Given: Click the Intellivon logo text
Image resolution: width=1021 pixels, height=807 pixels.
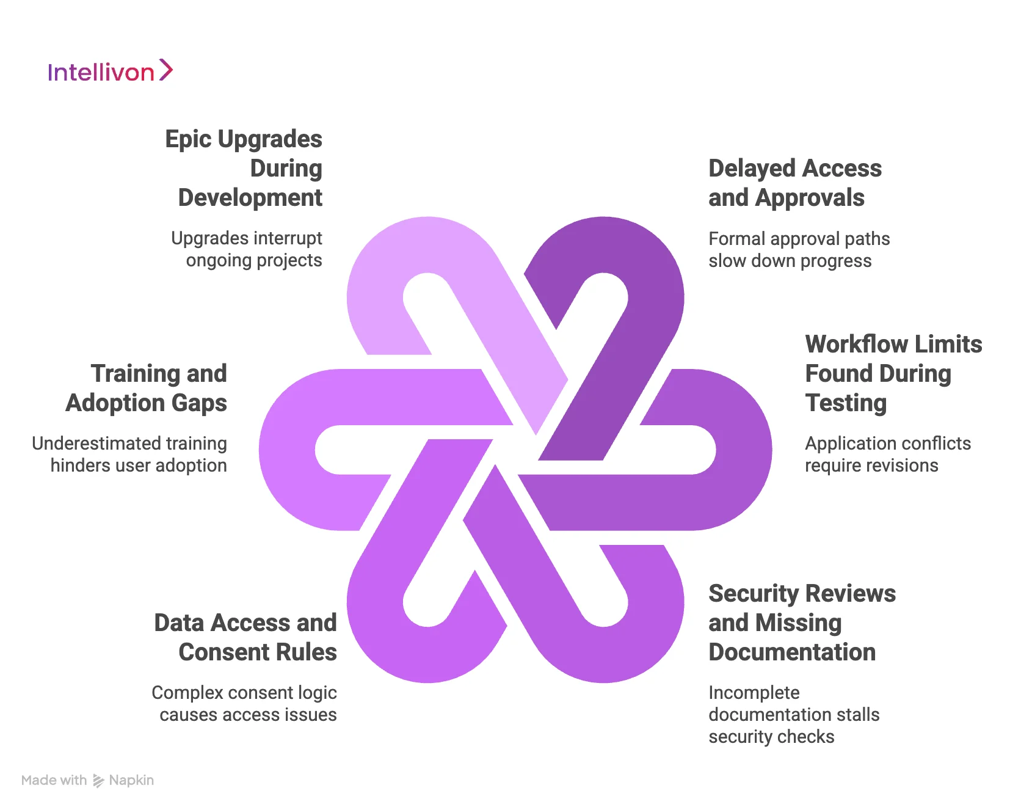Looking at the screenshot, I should click(x=101, y=73).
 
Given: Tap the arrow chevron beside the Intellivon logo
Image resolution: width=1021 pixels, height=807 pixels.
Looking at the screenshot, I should click(x=166, y=70).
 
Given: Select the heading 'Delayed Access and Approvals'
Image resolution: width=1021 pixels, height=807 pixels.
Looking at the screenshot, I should click(x=794, y=183).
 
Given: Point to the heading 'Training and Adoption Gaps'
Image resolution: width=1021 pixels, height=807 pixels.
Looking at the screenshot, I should click(x=147, y=388).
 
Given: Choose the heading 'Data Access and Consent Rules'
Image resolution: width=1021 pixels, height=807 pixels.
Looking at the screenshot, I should click(x=245, y=637).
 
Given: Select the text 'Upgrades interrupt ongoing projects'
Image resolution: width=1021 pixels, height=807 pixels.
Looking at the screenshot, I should click(x=247, y=249).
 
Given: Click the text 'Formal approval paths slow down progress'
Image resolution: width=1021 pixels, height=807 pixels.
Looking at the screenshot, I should click(x=799, y=249).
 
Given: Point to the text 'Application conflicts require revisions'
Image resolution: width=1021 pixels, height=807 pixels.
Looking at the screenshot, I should click(x=887, y=454).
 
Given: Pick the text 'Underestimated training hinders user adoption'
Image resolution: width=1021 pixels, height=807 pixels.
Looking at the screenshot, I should click(x=129, y=454).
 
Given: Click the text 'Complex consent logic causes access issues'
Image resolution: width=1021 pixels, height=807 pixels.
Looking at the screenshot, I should click(x=244, y=703).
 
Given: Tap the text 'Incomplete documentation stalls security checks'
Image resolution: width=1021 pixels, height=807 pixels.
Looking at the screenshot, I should click(x=793, y=714).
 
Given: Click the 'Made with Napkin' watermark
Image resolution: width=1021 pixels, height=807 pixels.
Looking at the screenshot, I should click(x=87, y=780).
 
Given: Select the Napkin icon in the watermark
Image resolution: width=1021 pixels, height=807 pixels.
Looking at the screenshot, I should click(x=98, y=781).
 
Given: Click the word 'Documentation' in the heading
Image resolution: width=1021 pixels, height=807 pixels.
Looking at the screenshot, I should click(x=792, y=652).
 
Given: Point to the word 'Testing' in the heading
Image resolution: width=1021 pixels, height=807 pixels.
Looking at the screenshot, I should click(x=846, y=403).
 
